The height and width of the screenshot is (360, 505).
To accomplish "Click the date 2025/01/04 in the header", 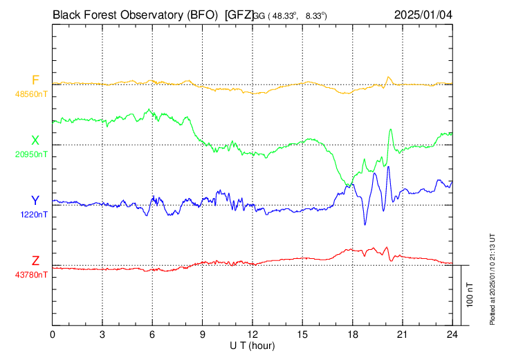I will [x=423, y=14].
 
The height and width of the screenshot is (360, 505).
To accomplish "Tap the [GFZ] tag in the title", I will [x=239, y=14].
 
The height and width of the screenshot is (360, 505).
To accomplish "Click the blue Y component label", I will [x=35, y=201].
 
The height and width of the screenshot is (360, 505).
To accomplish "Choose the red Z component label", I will [x=35, y=261].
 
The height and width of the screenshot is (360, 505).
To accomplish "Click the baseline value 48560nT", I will [x=31, y=93].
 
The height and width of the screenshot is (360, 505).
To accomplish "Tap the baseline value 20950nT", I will [x=31, y=154].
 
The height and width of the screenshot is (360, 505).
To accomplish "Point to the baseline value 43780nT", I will [x=31, y=275].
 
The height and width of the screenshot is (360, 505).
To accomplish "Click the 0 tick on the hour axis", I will [x=53, y=334].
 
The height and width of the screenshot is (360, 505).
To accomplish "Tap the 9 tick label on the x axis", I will [x=203, y=334].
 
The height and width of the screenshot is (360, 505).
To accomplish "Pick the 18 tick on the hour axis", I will [x=352, y=334].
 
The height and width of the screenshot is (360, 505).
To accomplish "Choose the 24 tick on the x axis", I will [x=452, y=334].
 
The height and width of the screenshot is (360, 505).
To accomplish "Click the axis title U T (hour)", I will [x=252, y=345].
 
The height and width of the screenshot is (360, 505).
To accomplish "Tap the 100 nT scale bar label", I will [x=470, y=294].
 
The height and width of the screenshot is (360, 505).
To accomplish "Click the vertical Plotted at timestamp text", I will [x=493, y=277].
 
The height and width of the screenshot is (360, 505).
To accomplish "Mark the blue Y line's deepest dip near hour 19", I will [x=365, y=224].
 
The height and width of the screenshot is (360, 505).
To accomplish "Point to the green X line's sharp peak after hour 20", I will [x=391, y=129].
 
